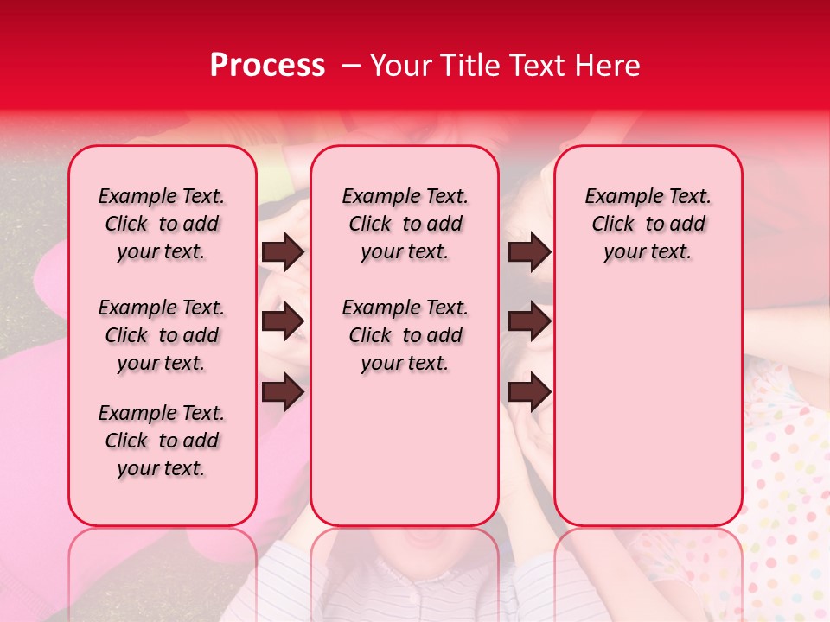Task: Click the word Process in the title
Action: coord(267,66)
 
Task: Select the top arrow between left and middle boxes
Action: coord(283,252)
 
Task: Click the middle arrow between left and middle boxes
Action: coord(283,321)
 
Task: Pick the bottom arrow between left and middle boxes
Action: coord(283,391)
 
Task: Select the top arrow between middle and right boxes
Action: coord(529,252)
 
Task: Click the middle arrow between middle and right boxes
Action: coord(529,321)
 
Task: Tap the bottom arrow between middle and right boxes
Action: coord(529,391)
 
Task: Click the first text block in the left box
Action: coord(162,224)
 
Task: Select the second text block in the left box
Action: coord(162,335)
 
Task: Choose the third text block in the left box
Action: coord(162,441)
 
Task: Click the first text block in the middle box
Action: coord(405,224)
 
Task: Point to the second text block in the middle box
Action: coord(405,335)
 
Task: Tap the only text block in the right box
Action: coord(648,224)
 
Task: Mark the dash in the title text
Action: coord(351,66)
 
